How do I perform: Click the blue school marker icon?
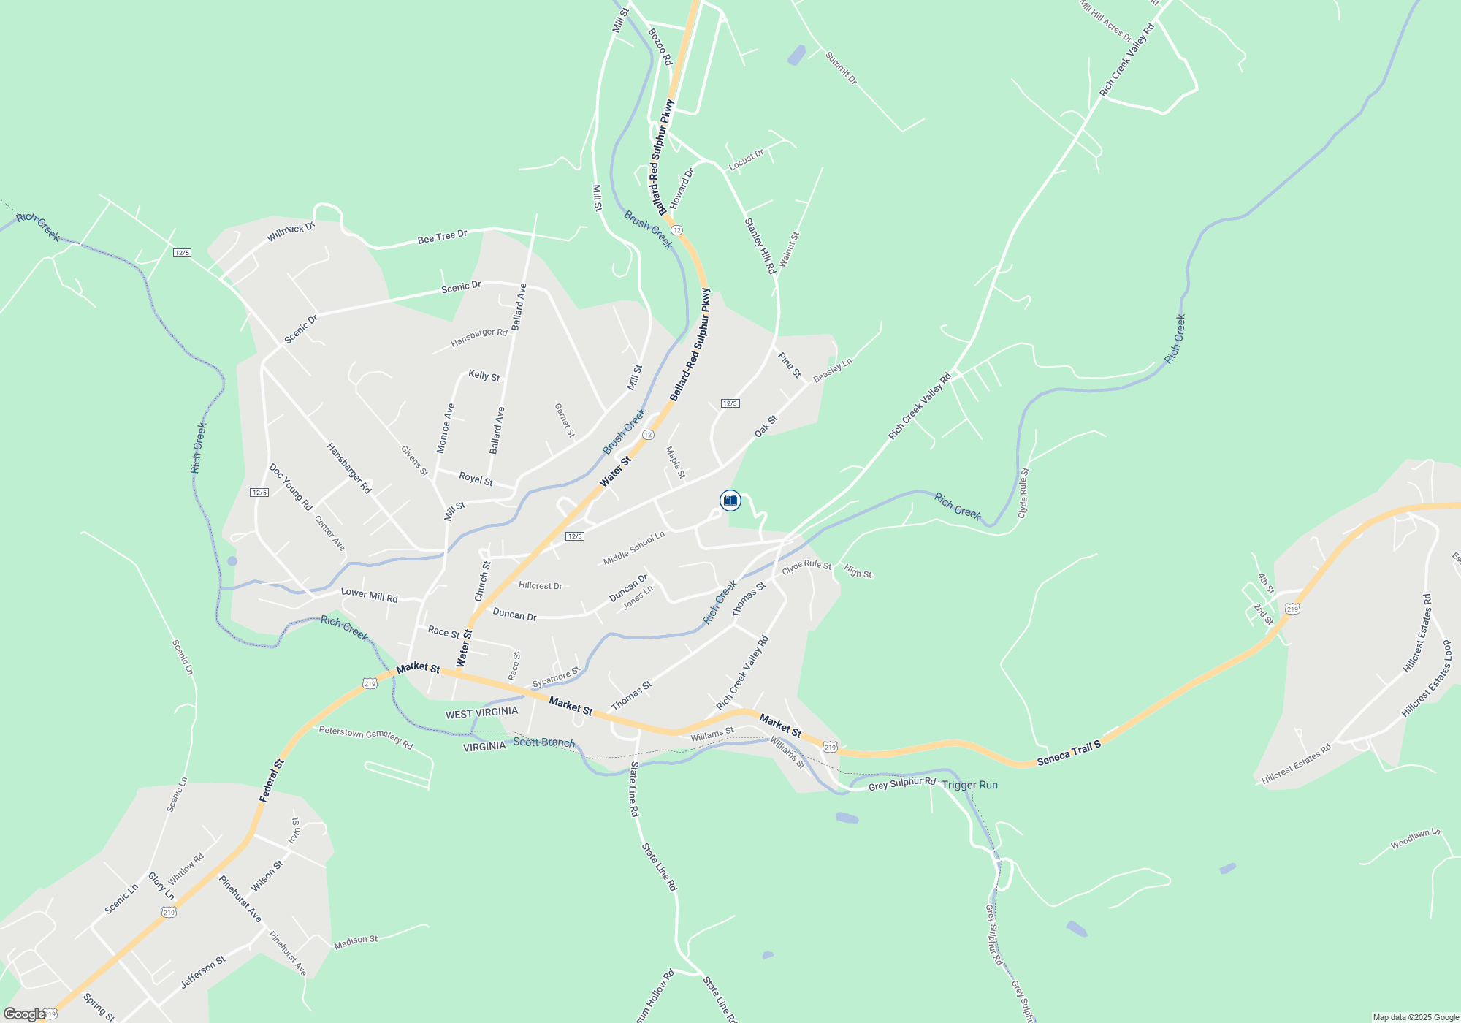point(730,501)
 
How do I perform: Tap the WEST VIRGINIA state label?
point(481,713)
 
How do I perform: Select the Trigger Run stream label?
point(969,785)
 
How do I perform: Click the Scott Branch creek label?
point(543,742)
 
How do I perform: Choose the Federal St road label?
point(271,781)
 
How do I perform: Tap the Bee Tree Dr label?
point(442,237)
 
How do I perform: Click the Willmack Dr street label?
point(291,232)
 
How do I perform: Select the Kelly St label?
point(484,376)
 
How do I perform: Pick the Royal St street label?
point(476,479)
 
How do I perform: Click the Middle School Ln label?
point(634,547)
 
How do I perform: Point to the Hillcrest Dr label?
point(540,586)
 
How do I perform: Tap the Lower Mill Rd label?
point(369,596)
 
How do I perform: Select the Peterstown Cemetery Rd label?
point(366,737)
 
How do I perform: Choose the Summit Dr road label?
point(841,68)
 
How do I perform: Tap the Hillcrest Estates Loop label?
point(1426,679)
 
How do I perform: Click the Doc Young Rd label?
point(290,487)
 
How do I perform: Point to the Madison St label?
point(356,943)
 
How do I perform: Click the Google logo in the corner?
point(24,1014)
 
